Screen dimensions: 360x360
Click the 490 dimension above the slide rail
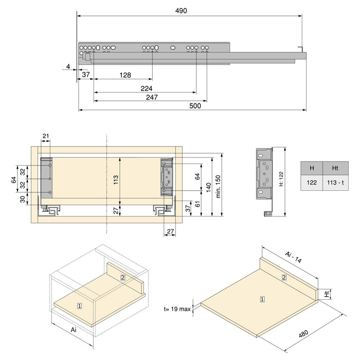[x=181, y=10]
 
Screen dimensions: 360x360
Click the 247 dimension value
[x=151, y=97]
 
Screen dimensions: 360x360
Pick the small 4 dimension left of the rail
[x=68, y=66]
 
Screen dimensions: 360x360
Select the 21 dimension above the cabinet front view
[x=46, y=136]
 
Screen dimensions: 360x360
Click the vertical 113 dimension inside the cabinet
[x=116, y=179]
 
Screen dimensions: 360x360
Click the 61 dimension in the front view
[x=198, y=205]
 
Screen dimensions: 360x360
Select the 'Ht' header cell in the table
[x=335, y=168]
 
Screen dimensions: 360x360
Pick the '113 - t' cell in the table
[x=335, y=183]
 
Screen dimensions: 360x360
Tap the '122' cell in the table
[x=312, y=183]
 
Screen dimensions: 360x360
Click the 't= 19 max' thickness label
[x=176, y=309]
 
